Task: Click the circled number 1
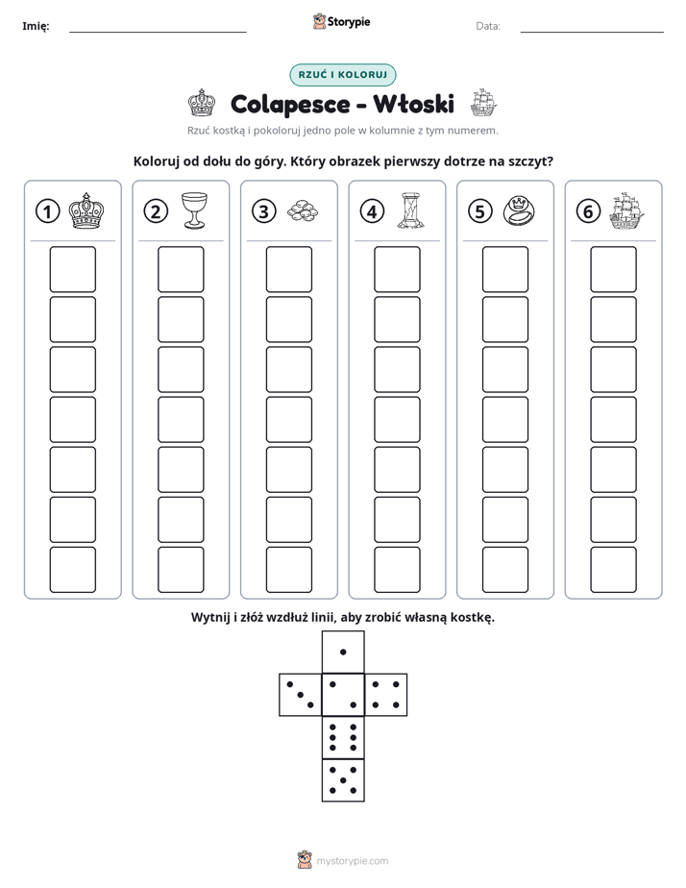click(x=47, y=211)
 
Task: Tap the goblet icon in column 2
click(x=194, y=210)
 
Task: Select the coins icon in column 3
click(x=303, y=211)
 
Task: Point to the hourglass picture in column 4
click(x=410, y=210)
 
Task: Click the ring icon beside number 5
click(x=519, y=210)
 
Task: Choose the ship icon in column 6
click(x=627, y=210)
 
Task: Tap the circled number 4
click(x=372, y=211)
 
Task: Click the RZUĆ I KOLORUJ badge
click(x=343, y=75)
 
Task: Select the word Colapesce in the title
click(x=290, y=105)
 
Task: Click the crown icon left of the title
click(x=202, y=103)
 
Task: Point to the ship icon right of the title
click(x=483, y=103)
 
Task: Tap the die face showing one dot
click(x=343, y=652)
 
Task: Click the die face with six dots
click(x=343, y=737)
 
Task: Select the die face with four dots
click(x=386, y=695)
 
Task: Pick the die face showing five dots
click(x=343, y=780)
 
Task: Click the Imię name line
click(x=158, y=32)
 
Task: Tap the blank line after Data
click(x=592, y=32)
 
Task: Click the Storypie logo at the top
click(x=341, y=21)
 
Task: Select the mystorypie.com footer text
click(x=352, y=861)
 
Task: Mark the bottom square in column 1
click(x=72, y=570)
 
